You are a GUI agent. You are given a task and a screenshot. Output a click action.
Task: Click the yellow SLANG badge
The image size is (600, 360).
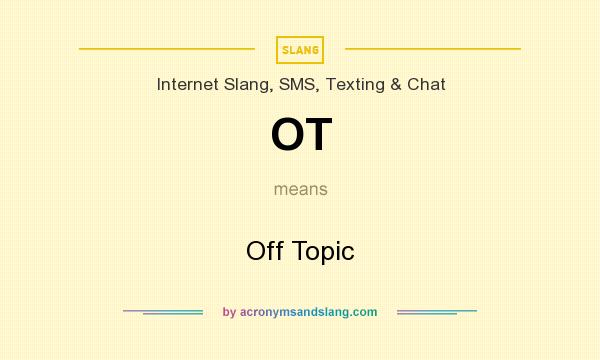(300, 48)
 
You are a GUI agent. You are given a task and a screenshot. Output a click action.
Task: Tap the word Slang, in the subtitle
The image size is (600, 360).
(246, 84)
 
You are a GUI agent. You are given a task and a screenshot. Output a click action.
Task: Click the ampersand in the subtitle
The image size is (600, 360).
(397, 84)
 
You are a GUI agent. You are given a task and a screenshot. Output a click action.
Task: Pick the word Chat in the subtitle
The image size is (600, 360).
(426, 84)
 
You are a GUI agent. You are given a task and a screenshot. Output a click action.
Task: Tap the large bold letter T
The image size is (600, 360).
(317, 135)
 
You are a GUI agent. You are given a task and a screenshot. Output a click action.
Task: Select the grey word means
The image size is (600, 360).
(300, 188)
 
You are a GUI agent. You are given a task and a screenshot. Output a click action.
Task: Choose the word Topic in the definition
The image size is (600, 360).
(321, 251)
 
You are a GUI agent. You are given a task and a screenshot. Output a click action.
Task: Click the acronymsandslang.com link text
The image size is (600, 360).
(308, 312)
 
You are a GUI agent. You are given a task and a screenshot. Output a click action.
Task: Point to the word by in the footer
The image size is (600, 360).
(229, 312)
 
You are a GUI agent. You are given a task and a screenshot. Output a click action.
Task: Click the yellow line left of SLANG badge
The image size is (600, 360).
(167, 48)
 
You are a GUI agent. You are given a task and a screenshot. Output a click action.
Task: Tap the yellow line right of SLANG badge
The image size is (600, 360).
(432, 48)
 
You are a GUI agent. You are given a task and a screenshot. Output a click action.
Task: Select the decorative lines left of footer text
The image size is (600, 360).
(163, 312)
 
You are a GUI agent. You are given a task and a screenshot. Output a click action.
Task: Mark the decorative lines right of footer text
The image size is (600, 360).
(437, 312)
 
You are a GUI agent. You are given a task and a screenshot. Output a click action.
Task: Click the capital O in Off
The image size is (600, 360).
(256, 250)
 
